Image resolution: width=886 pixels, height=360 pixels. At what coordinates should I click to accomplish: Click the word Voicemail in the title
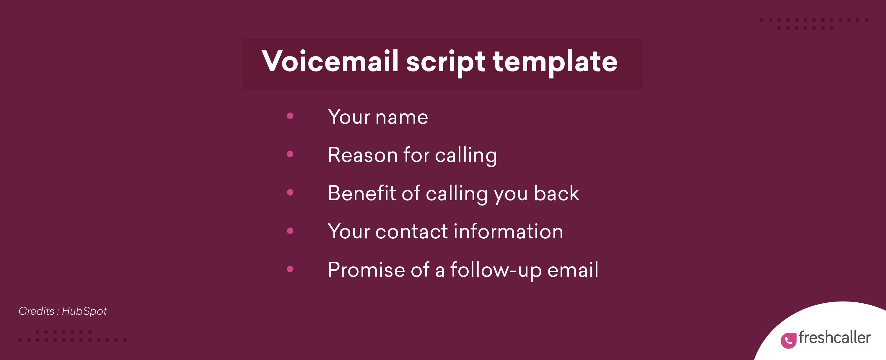click(x=330, y=61)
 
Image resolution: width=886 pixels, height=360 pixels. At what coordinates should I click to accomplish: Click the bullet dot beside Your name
click(x=290, y=116)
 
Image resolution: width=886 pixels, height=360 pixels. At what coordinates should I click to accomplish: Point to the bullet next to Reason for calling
click(x=290, y=154)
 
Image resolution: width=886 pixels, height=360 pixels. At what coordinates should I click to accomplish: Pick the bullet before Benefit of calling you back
click(x=290, y=192)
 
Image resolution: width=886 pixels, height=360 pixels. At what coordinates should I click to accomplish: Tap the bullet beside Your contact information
click(x=290, y=230)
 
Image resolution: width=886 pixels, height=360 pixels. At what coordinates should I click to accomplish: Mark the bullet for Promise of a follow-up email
click(x=290, y=269)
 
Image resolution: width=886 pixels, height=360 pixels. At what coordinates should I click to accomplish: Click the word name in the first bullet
click(x=401, y=118)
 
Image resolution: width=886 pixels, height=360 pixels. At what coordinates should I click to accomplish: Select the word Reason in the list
click(x=362, y=155)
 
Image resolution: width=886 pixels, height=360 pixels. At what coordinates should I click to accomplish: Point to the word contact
click(x=411, y=232)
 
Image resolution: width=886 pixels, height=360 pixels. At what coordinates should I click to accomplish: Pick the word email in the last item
click(x=573, y=270)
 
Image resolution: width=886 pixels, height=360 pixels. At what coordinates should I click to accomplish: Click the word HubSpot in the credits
click(x=84, y=312)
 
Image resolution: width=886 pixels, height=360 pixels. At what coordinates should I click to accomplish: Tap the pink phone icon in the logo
click(x=788, y=341)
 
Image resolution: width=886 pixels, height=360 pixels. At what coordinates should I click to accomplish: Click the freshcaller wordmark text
click(x=834, y=338)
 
